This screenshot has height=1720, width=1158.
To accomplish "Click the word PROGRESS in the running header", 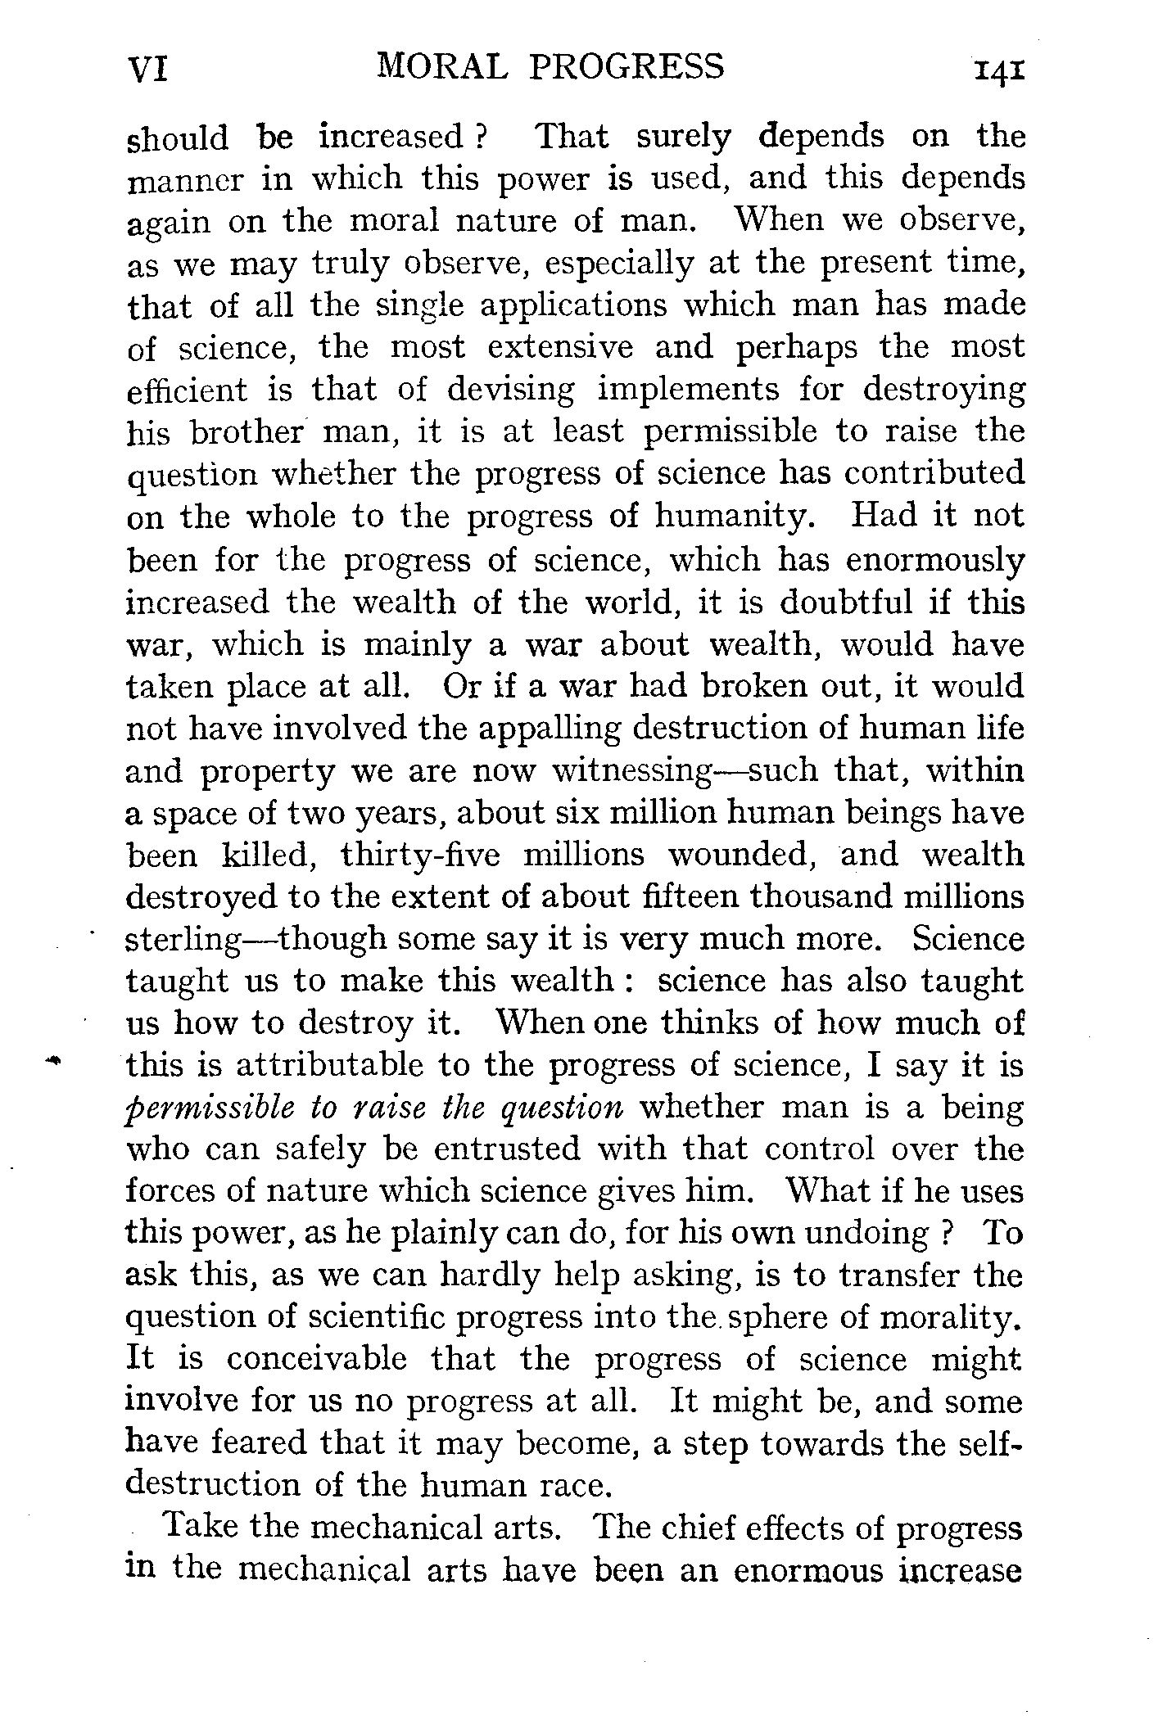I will click(626, 65).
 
